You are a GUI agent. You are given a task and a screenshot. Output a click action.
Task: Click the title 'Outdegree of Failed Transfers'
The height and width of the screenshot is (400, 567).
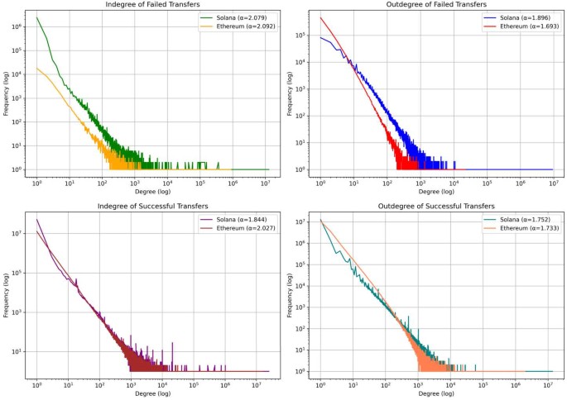[436, 5]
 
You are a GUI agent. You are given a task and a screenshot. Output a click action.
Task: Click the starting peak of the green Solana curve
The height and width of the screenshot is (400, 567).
[37, 17]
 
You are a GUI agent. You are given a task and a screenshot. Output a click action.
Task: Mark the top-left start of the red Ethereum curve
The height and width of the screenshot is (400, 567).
[321, 17]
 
